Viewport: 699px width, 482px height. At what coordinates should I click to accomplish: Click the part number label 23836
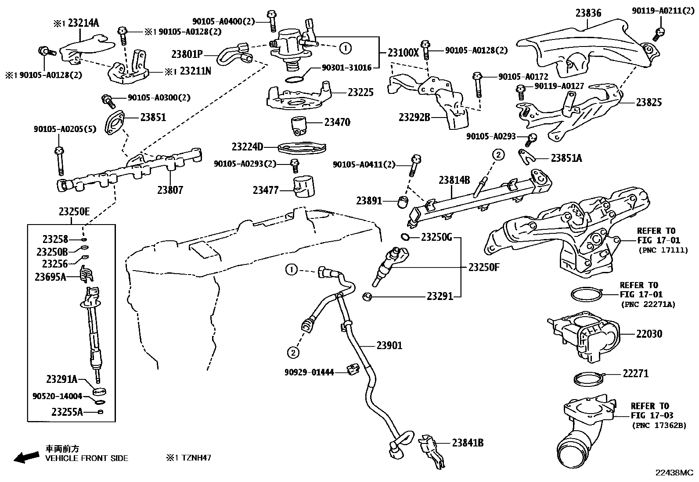point(588,13)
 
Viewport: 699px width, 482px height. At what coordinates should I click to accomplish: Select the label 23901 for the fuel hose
point(389,346)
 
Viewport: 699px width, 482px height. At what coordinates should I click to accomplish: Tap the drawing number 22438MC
point(674,473)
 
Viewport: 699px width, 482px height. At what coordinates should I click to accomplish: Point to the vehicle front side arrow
point(25,457)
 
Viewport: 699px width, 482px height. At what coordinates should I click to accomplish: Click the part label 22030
point(649,334)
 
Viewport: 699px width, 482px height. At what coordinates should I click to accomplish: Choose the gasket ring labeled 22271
point(587,379)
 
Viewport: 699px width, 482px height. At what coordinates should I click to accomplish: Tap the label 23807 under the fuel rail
point(170,190)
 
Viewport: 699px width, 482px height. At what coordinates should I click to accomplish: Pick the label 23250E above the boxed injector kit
point(74,212)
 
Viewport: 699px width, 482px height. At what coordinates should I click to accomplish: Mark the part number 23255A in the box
point(67,412)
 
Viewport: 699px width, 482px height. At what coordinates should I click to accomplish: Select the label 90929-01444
point(309,372)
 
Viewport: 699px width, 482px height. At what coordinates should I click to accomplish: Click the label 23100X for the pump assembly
point(403,52)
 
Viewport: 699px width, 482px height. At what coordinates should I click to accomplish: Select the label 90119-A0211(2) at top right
point(663,10)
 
